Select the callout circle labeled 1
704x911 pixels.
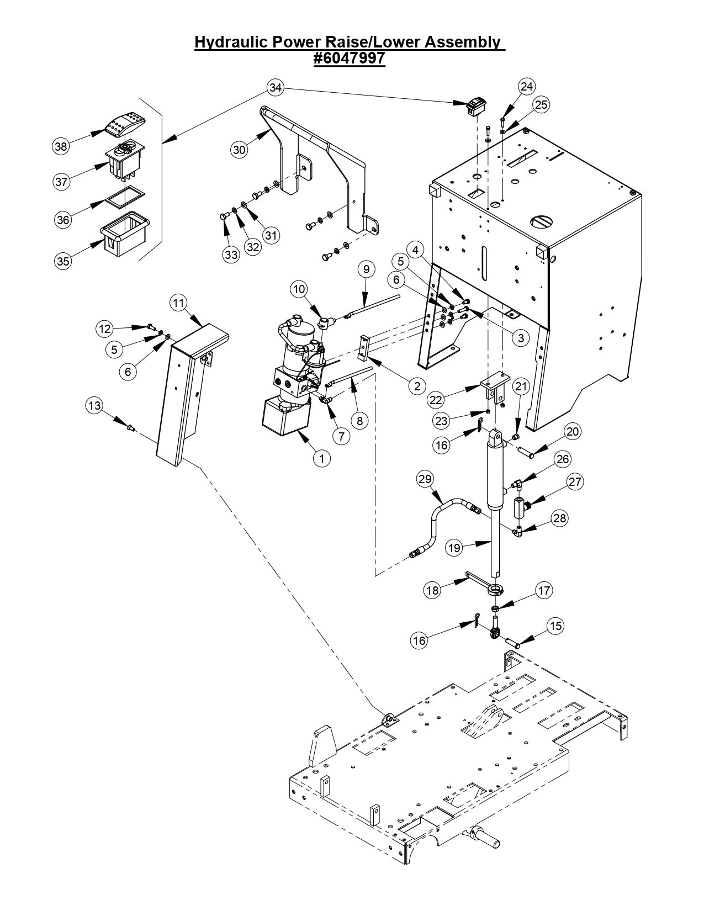pos(321,457)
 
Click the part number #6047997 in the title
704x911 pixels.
pos(349,58)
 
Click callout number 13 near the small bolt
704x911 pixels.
pos(94,406)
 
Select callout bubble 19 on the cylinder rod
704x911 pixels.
pos(454,547)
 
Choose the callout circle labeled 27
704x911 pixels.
pos(575,481)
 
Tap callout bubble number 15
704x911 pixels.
pos(555,626)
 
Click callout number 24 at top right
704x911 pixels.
pos(527,86)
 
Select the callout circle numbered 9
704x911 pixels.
pos(366,269)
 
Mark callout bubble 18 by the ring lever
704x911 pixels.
pos(433,589)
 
